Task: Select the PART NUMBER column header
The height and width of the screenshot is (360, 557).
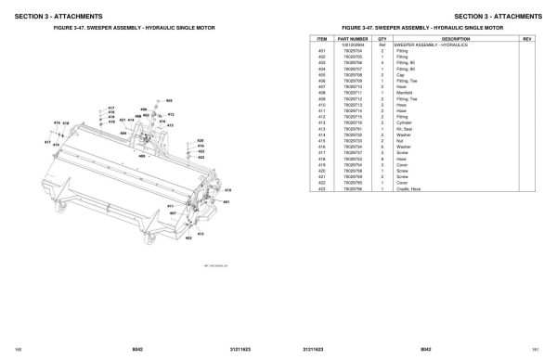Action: [x=356, y=38]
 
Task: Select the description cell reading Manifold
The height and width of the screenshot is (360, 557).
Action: [x=405, y=93]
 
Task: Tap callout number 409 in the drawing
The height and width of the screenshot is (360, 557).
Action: [x=141, y=157]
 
